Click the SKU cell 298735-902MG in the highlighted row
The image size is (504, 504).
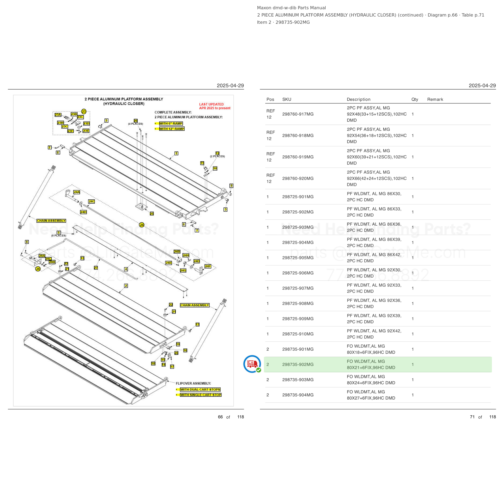298,364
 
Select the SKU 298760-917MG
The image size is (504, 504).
298,114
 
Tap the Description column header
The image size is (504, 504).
358,99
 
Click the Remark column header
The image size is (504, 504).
435,99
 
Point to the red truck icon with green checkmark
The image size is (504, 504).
252,364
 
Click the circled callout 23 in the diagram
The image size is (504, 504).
84,111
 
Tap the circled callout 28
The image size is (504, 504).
38,269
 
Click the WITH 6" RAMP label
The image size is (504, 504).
171,123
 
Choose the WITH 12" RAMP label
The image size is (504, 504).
172,129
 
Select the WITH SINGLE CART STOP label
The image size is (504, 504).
201,395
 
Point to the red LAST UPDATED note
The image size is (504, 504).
215,106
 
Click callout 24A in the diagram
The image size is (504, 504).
77,192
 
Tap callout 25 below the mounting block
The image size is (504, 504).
152,213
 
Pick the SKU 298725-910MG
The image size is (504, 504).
298,334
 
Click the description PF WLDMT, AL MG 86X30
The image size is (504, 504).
374,194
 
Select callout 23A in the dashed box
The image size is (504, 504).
58,115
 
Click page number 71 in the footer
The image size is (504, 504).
472,417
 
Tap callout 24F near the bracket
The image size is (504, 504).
208,266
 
